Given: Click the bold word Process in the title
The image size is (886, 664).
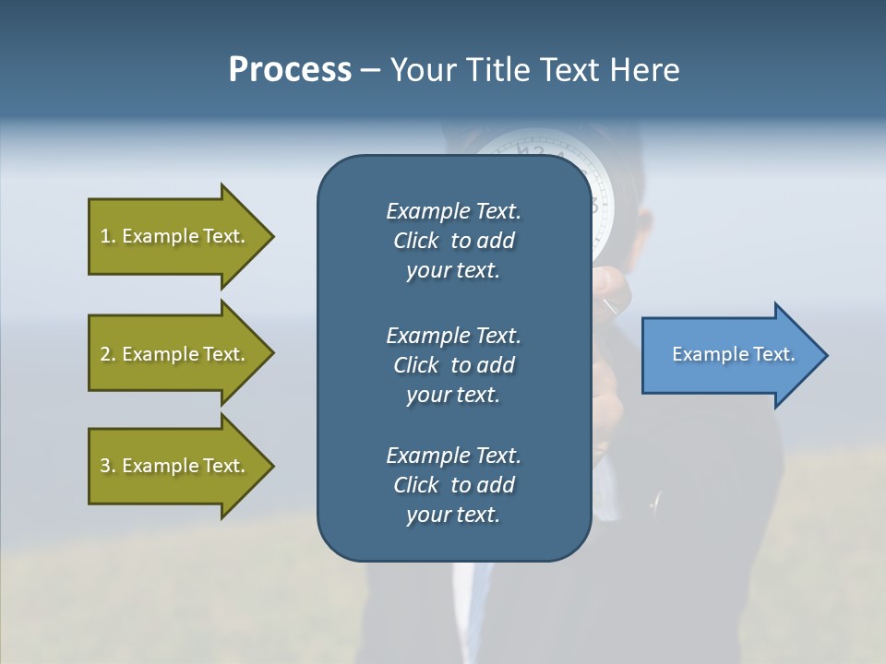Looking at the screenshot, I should (290, 70).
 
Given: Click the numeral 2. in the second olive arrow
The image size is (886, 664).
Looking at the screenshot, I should (107, 354).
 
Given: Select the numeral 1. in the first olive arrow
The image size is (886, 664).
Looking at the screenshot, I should (107, 236).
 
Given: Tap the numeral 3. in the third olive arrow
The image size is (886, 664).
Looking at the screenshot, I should (107, 466).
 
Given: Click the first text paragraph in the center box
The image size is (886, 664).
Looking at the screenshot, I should (453, 241).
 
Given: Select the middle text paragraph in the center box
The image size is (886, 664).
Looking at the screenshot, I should (453, 365).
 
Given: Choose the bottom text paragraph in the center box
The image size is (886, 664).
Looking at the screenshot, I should (453, 485).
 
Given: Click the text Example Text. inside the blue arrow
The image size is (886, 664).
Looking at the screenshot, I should (734, 354).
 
